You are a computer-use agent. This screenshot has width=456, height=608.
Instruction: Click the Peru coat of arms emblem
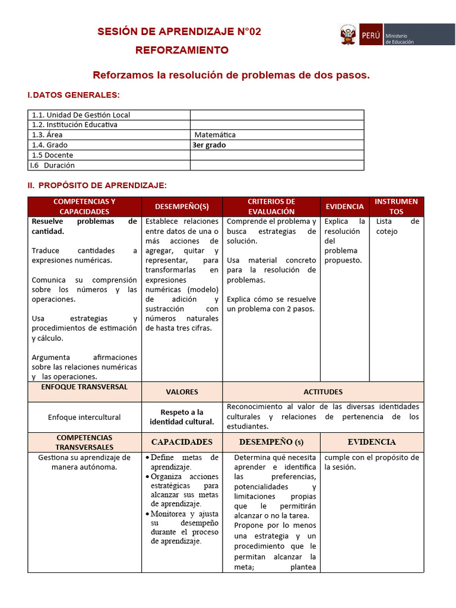(348, 34)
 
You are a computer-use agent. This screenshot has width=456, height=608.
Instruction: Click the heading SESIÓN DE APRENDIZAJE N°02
(179, 32)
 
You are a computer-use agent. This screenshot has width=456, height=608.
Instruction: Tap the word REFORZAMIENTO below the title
(182, 50)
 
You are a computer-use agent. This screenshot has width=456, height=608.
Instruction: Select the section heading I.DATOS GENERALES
(74, 95)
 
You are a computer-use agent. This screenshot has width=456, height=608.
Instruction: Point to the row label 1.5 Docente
(53, 155)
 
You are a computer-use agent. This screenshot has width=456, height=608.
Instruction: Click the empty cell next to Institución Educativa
(277, 125)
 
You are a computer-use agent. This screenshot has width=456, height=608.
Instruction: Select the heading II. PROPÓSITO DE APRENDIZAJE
(97, 186)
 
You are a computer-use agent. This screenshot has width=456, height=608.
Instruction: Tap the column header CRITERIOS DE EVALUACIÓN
(271, 207)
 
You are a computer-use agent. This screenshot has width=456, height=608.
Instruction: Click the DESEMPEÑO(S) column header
(182, 207)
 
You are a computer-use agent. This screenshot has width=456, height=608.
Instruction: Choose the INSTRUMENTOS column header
(397, 207)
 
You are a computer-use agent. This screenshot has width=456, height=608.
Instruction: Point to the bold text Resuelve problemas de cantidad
(84, 226)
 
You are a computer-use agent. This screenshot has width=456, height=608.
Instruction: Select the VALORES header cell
(182, 392)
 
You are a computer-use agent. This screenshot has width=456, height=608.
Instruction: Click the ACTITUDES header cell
(323, 392)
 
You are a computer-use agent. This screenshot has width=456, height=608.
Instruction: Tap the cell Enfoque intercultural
(84, 417)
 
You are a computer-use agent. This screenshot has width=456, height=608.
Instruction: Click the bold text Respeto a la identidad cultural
(182, 417)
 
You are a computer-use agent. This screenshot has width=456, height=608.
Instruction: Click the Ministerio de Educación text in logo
(400, 38)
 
